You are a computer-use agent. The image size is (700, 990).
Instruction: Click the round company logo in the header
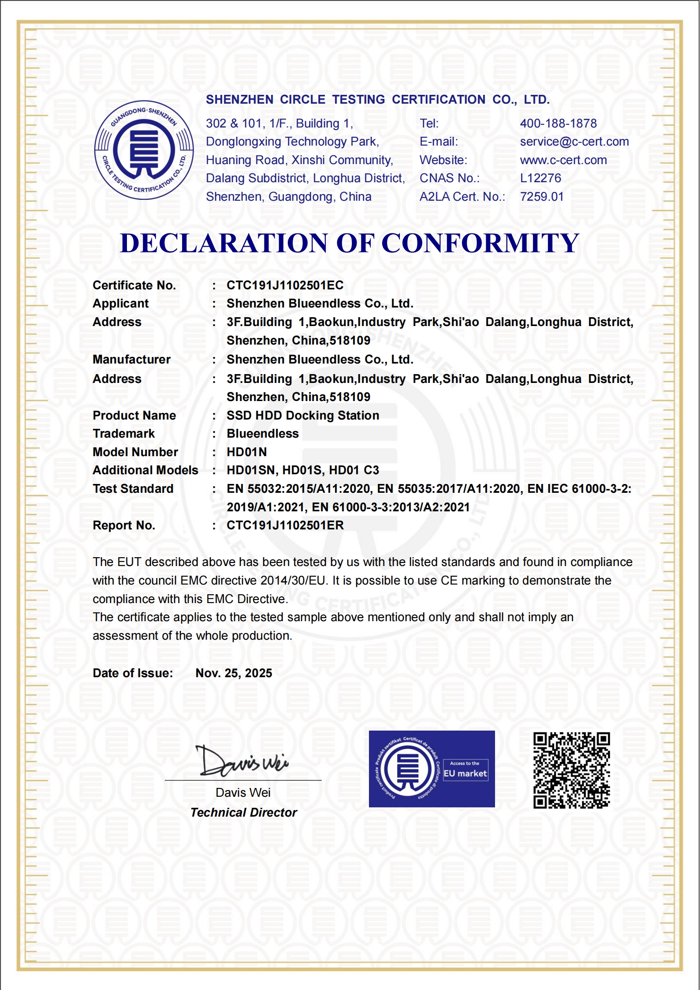[x=144, y=150]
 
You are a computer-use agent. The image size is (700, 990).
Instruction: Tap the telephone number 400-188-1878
[x=558, y=124]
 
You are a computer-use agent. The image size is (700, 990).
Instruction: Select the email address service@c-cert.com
[x=574, y=142]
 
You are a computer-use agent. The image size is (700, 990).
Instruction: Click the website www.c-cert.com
[x=563, y=160]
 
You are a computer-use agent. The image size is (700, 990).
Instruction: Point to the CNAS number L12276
[x=540, y=178]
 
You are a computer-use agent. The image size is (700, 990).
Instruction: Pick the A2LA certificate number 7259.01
[x=542, y=197]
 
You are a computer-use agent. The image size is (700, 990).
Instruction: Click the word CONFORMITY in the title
[x=480, y=243]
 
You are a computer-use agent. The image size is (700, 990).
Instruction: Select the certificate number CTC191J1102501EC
[x=285, y=285]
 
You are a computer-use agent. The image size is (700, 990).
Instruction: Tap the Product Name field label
[x=134, y=416]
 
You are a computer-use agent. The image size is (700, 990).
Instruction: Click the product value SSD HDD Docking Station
[x=303, y=416]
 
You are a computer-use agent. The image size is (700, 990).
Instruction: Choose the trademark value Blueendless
[x=263, y=434]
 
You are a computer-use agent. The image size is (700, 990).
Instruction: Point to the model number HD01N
[x=246, y=452]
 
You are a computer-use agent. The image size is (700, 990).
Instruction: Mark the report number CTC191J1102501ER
[x=285, y=525]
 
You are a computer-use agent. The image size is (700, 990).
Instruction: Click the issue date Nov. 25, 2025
[x=234, y=673]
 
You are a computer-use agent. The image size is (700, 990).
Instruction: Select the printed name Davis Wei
[x=243, y=793]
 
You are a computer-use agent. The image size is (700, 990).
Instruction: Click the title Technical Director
[x=244, y=813]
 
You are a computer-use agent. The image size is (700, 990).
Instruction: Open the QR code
[x=571, y=770]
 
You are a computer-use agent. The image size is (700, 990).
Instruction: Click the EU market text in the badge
[x=465, y=773]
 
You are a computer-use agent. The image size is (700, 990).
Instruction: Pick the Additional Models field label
[x=145, y=470]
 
